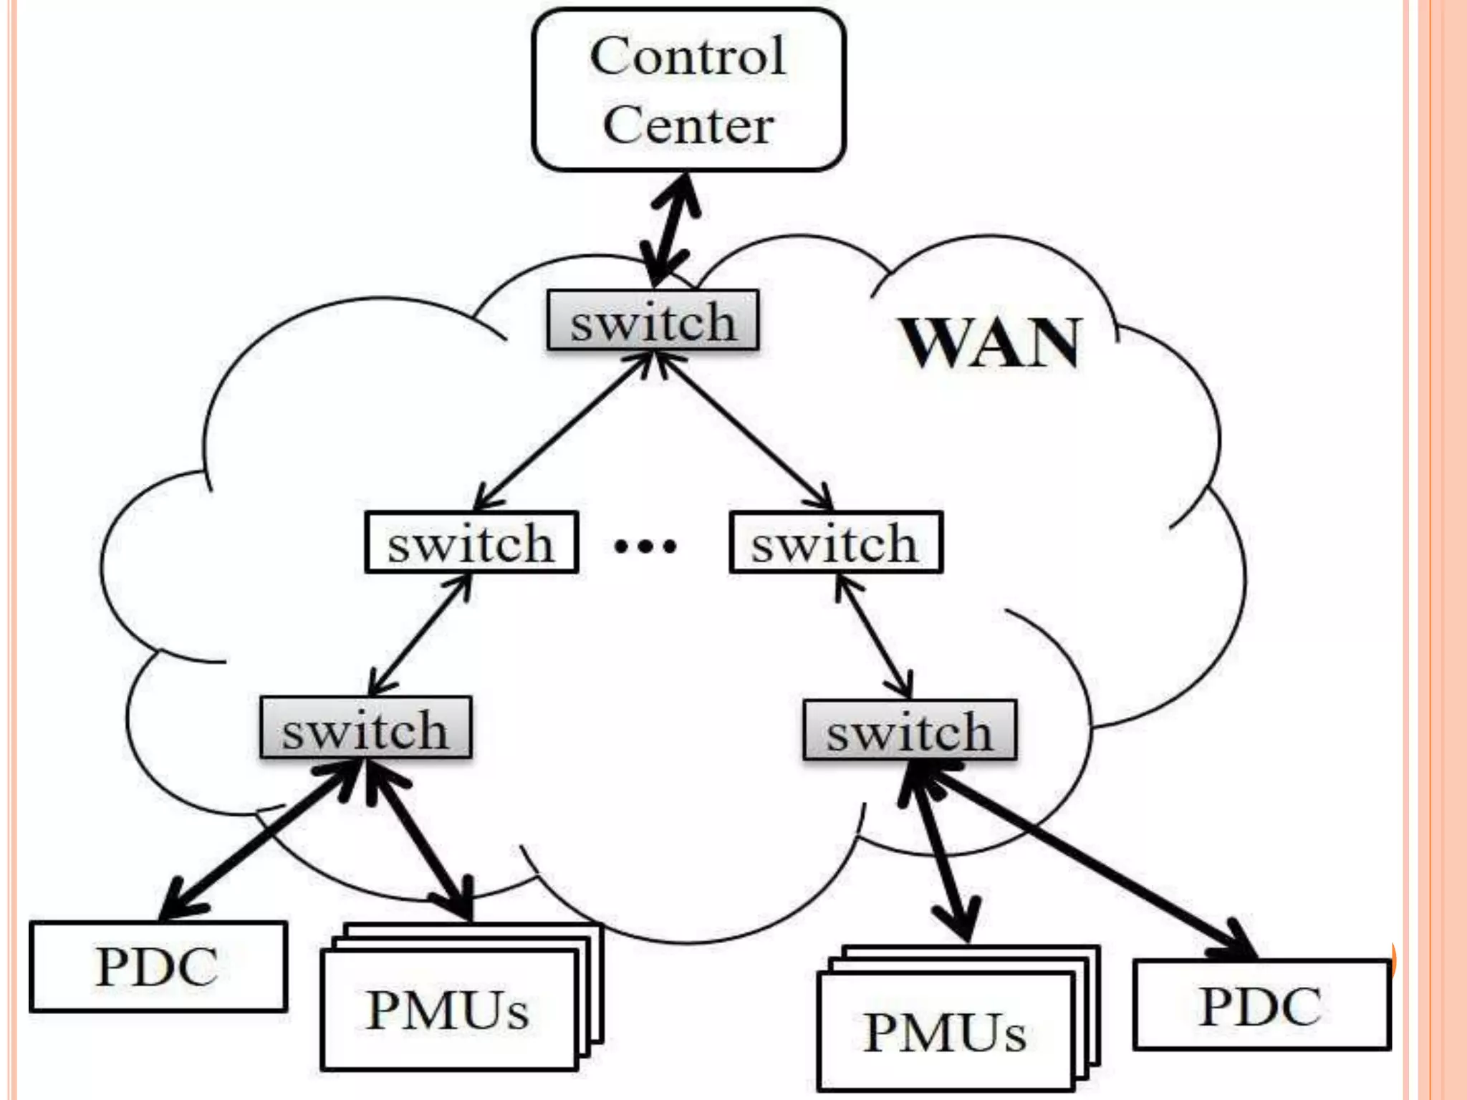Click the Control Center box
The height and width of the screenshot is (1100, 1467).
[688, 90]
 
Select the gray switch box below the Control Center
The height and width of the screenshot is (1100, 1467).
[653, 321]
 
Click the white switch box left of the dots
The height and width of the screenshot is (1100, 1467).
[471, 542]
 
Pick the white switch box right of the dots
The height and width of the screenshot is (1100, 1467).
[835, 542]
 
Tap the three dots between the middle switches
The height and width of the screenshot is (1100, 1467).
[645, 547]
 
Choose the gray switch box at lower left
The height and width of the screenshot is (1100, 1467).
[365, 728]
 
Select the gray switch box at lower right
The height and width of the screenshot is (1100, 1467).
[909, 730]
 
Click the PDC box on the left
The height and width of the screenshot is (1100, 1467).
[158, 966]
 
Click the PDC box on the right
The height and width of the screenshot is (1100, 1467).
[1261, 1005]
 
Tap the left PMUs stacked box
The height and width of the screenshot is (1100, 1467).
[448, 1010]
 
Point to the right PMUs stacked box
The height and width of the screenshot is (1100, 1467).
[946, 1032]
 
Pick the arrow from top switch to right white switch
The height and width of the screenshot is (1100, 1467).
[745, 433]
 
